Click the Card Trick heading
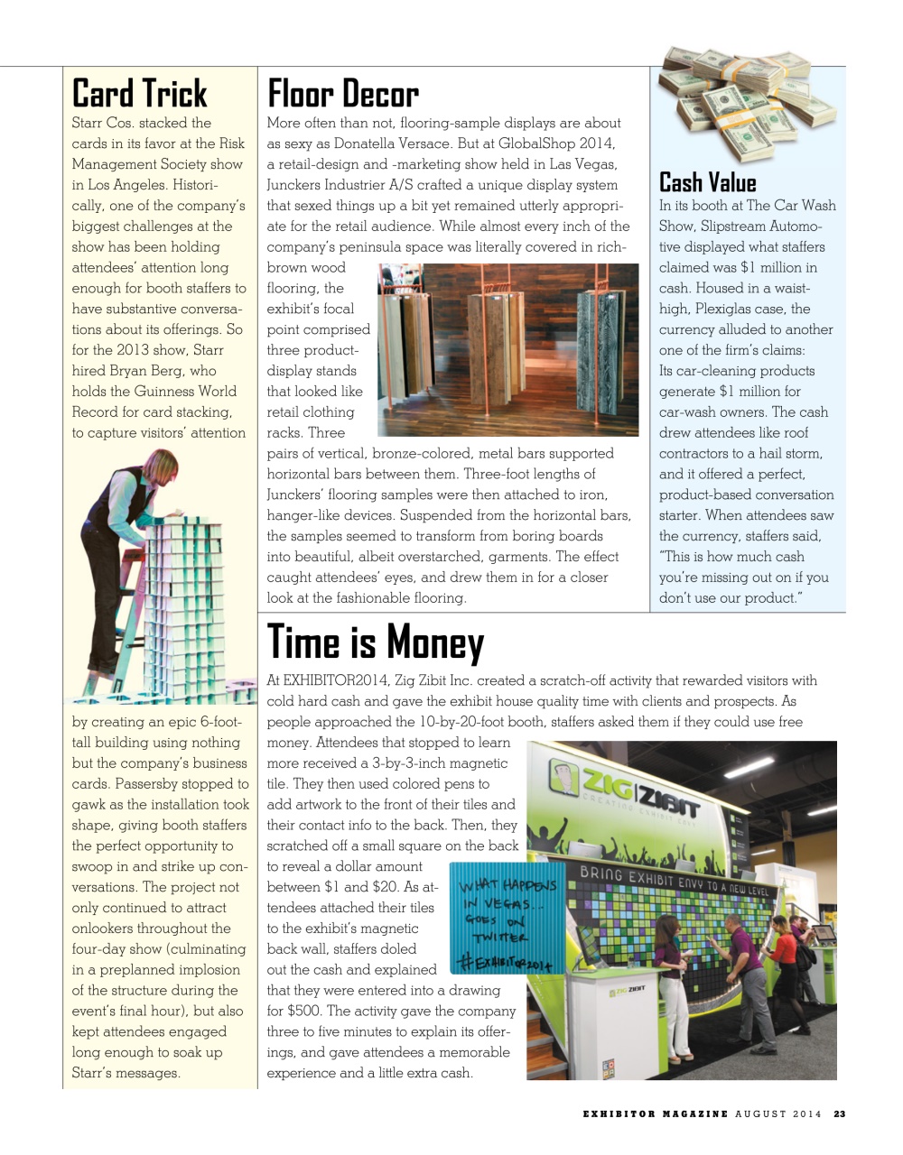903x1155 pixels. tap(139, 93)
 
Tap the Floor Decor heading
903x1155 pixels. tap(342, 94)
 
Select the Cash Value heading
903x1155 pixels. tap(707, 182)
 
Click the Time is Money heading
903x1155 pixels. tap(376, 642)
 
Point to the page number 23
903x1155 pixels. tap(839, 1113)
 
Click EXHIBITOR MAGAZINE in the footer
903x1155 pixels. tap(656, 1113)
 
